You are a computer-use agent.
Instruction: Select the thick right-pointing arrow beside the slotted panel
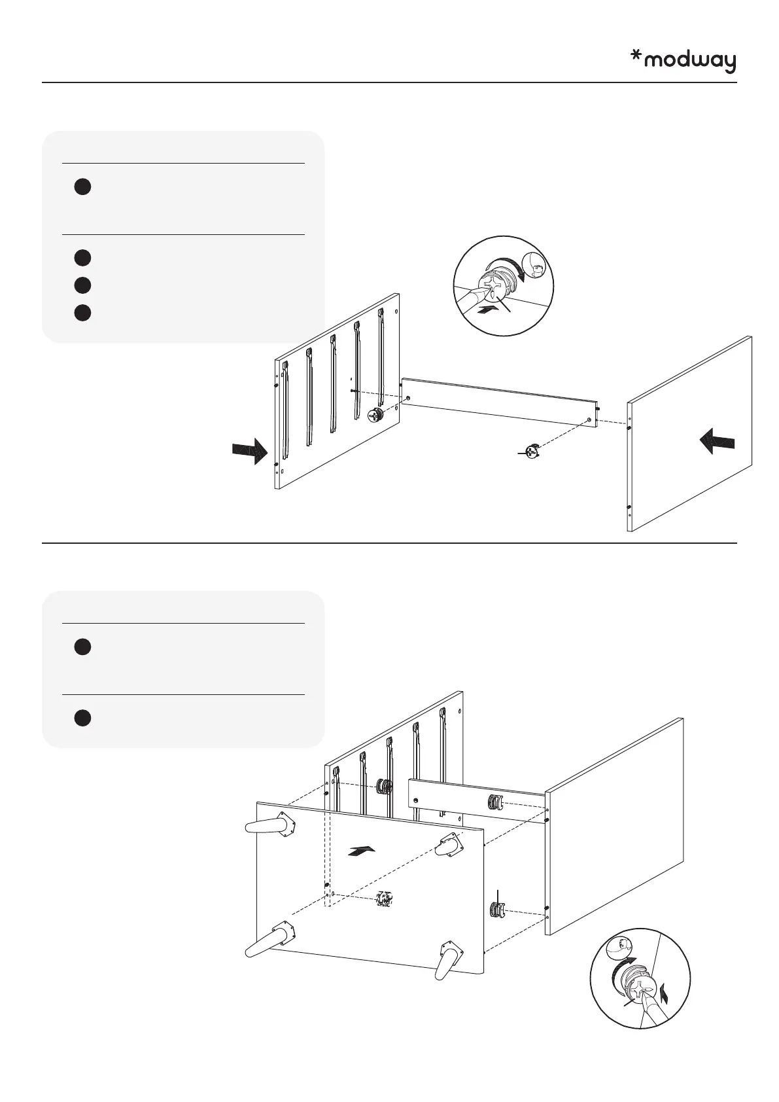point(250,452)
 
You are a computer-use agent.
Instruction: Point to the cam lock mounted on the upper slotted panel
point(375,414)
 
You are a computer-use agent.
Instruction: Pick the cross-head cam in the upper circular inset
point(494,286)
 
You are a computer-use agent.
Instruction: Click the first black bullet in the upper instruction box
point(82,187)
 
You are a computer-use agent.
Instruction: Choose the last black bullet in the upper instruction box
point(82,312)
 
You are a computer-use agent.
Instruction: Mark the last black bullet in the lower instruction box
point(82,718)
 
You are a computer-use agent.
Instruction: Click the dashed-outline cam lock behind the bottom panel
point(384,900)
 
